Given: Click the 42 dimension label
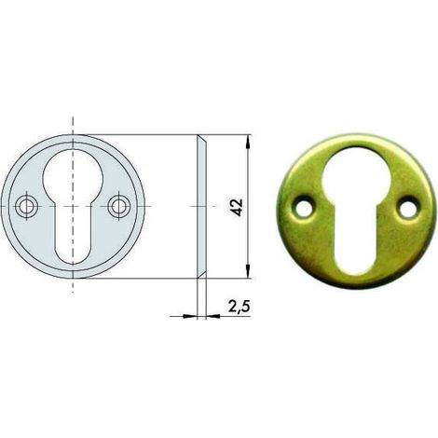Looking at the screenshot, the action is click(x=238, y=207).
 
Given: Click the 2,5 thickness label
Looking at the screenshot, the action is click(x=240, y=307).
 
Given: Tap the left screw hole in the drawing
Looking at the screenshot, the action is click(x=27, y=206).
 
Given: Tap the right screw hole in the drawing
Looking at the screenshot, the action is click(x=119, y=206).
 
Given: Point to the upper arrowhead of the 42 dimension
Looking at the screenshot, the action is click(x=248, y=142).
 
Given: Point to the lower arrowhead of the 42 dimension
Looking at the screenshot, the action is click(x=248, y=271).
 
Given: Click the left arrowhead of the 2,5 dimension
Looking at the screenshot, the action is click(x=190, y=316).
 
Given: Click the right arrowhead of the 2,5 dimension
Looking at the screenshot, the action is click(x=213, y=316).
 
